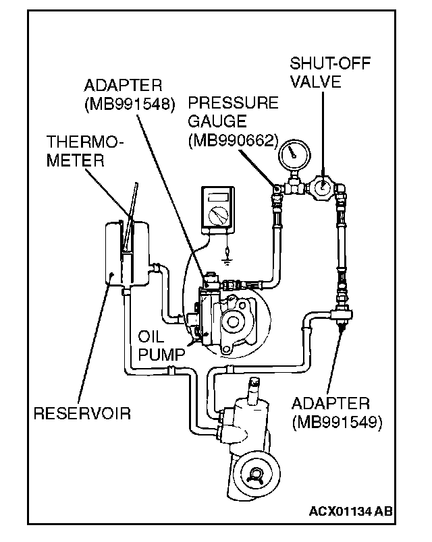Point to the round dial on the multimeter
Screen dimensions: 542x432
(x=217, y=216)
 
